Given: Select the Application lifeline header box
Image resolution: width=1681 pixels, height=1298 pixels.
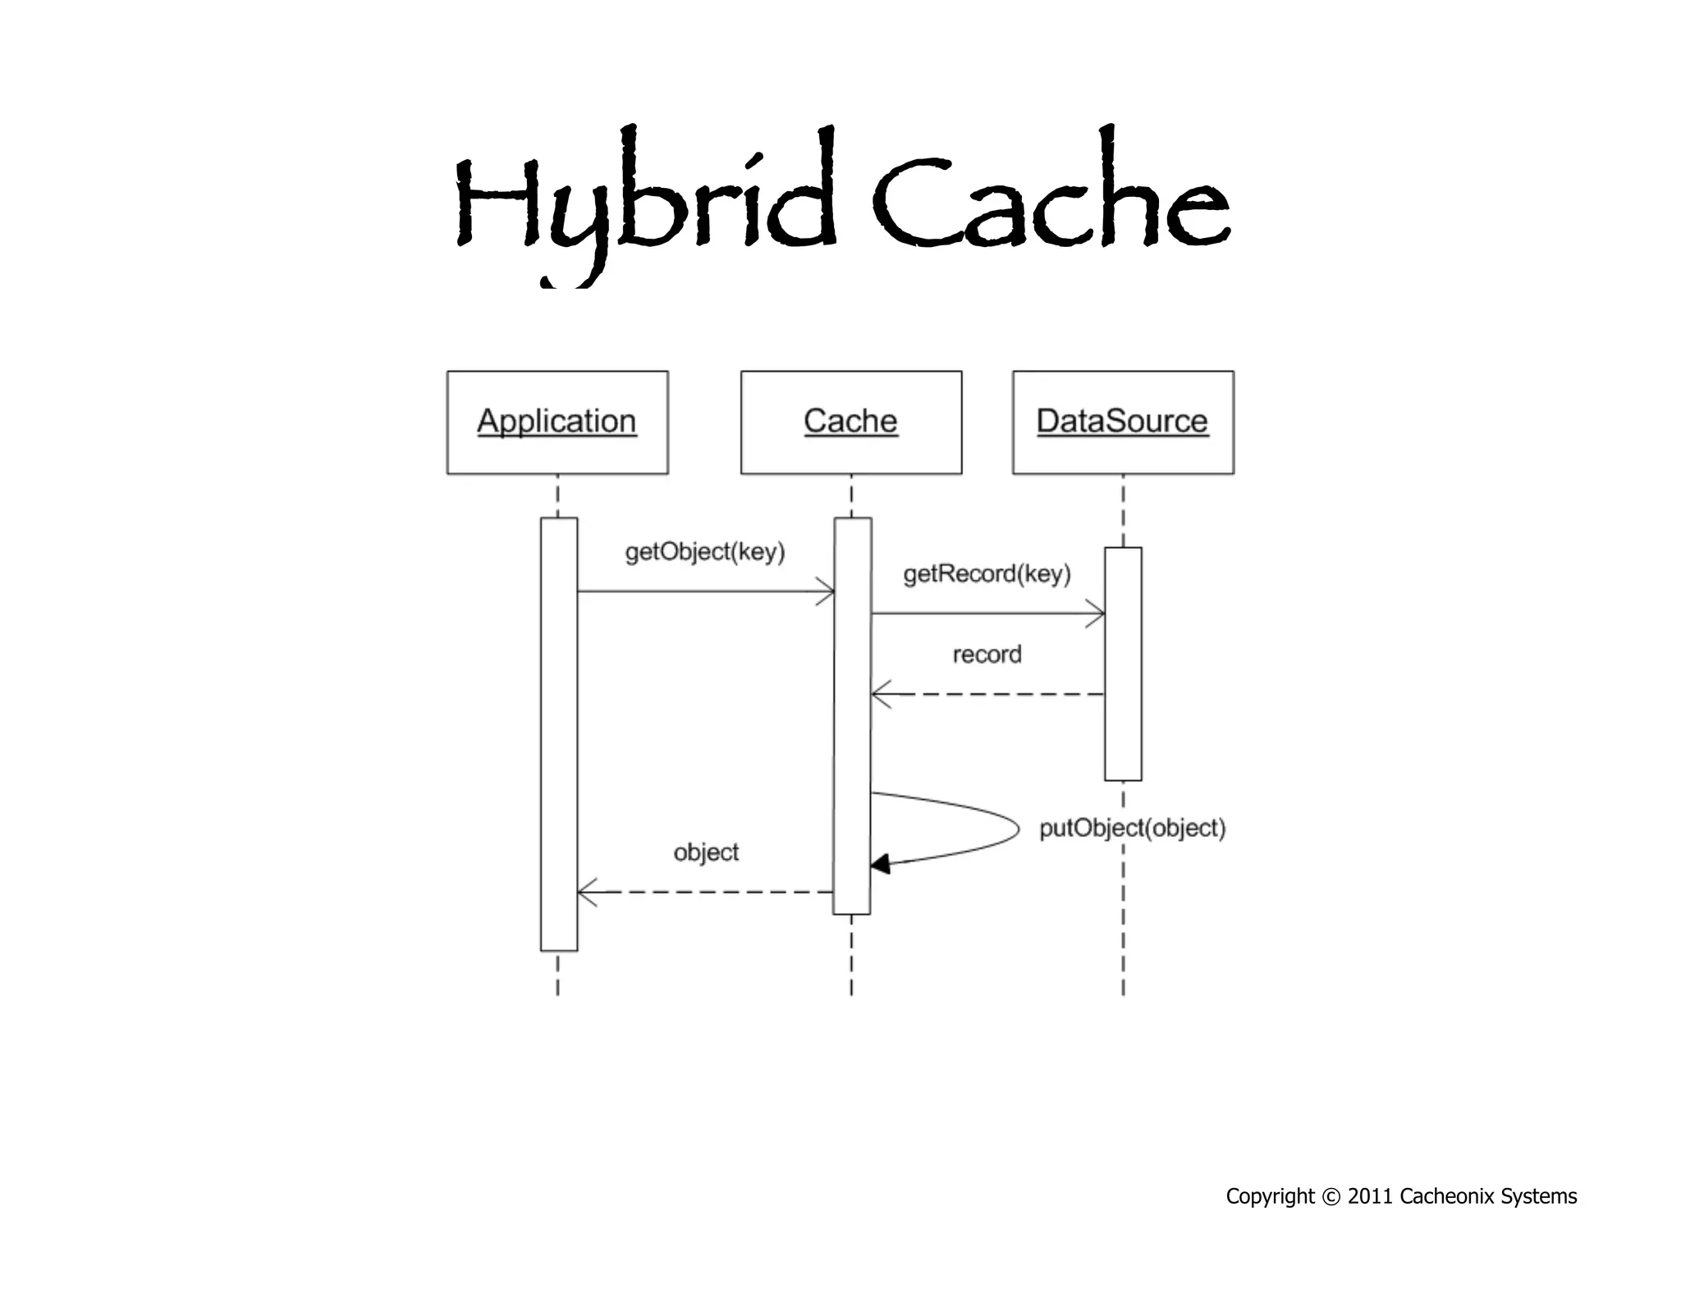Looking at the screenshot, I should coord(557,422).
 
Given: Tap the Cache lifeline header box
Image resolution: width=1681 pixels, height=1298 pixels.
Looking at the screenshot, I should coord(851,422).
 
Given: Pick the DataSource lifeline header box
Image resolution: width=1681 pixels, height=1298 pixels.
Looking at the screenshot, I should coord(1123,422).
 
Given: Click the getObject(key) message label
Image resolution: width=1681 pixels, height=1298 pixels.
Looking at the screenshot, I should coord(705,551).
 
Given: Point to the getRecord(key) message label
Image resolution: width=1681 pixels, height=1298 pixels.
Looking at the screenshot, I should coord(987,574).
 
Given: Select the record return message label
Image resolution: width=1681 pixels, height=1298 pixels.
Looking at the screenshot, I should coord(987,655).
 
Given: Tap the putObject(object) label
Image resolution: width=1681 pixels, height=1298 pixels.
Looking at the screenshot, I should coord(1132,828).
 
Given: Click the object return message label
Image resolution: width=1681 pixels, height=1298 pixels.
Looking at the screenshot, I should coord(706,852).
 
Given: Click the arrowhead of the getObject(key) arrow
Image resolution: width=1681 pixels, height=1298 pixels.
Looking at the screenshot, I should coord(827,591).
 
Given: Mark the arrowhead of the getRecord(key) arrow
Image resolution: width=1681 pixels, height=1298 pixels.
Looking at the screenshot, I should coord(1097,613).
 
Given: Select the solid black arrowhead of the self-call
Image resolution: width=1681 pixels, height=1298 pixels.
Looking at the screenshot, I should coord(880,864).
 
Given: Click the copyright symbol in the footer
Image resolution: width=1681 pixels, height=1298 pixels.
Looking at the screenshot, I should coord(1331,1197).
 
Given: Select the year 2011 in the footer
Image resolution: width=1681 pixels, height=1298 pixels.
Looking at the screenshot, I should coord(1370,1197).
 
